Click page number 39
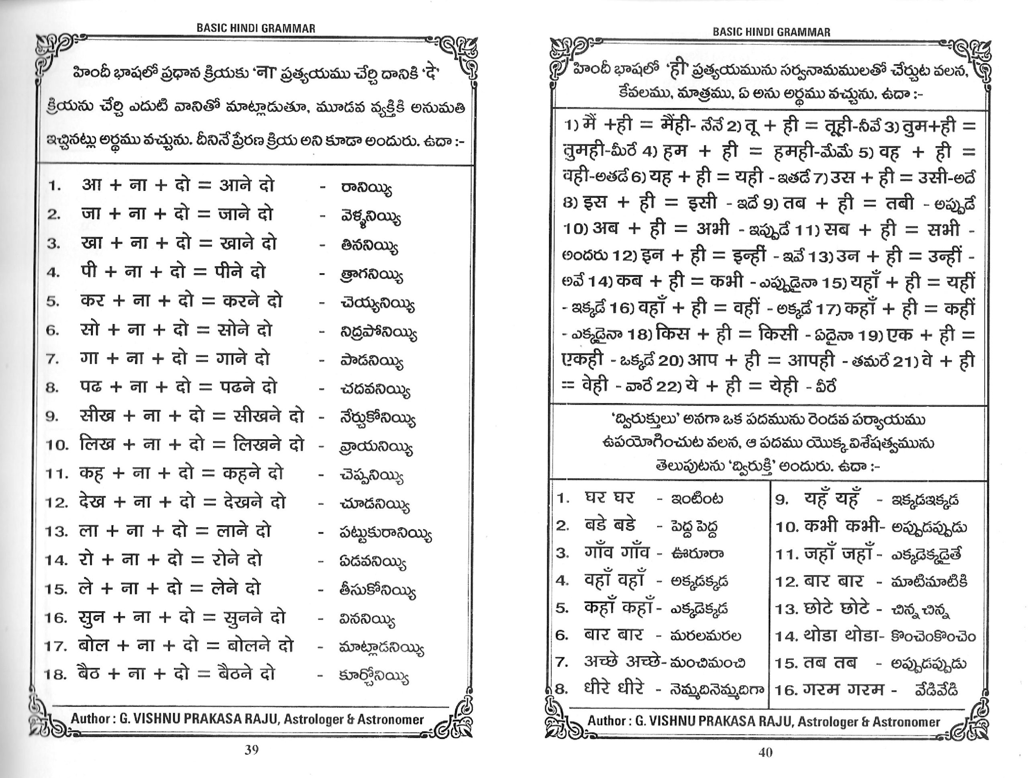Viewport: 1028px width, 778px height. click(x=251, y=749)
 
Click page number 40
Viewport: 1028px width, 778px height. click(x=765, y=752)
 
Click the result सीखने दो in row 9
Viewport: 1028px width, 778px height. click(x=269, y=416)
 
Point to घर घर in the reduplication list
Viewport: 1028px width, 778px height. click(x=609, y=498)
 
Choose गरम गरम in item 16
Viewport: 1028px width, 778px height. click(x=844, y=689)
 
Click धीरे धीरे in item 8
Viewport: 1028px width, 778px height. click(x=614, y=688)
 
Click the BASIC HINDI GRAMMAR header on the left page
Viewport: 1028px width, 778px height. click(x=256, y=28)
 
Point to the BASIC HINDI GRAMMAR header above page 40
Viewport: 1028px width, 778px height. click(x=771, y=32)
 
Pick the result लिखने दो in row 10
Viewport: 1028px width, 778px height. click(x=269, y=444)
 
